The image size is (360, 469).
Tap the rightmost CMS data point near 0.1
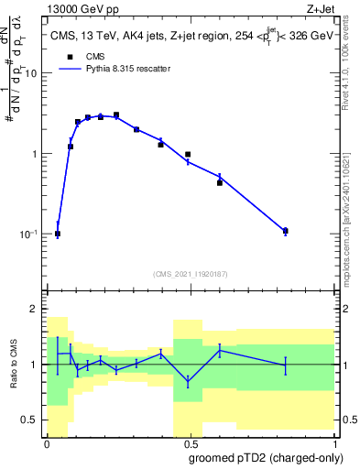coord(286,231)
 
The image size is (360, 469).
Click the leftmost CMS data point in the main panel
coord(58,234)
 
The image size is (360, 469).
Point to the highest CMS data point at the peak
coord(115,115)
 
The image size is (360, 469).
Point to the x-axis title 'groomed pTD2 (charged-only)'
coord(265,457)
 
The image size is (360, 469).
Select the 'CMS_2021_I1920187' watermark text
coord(191,274)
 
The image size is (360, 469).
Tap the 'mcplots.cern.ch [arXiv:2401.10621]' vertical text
coord(352,206)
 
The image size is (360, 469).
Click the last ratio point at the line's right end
coord(286,365)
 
